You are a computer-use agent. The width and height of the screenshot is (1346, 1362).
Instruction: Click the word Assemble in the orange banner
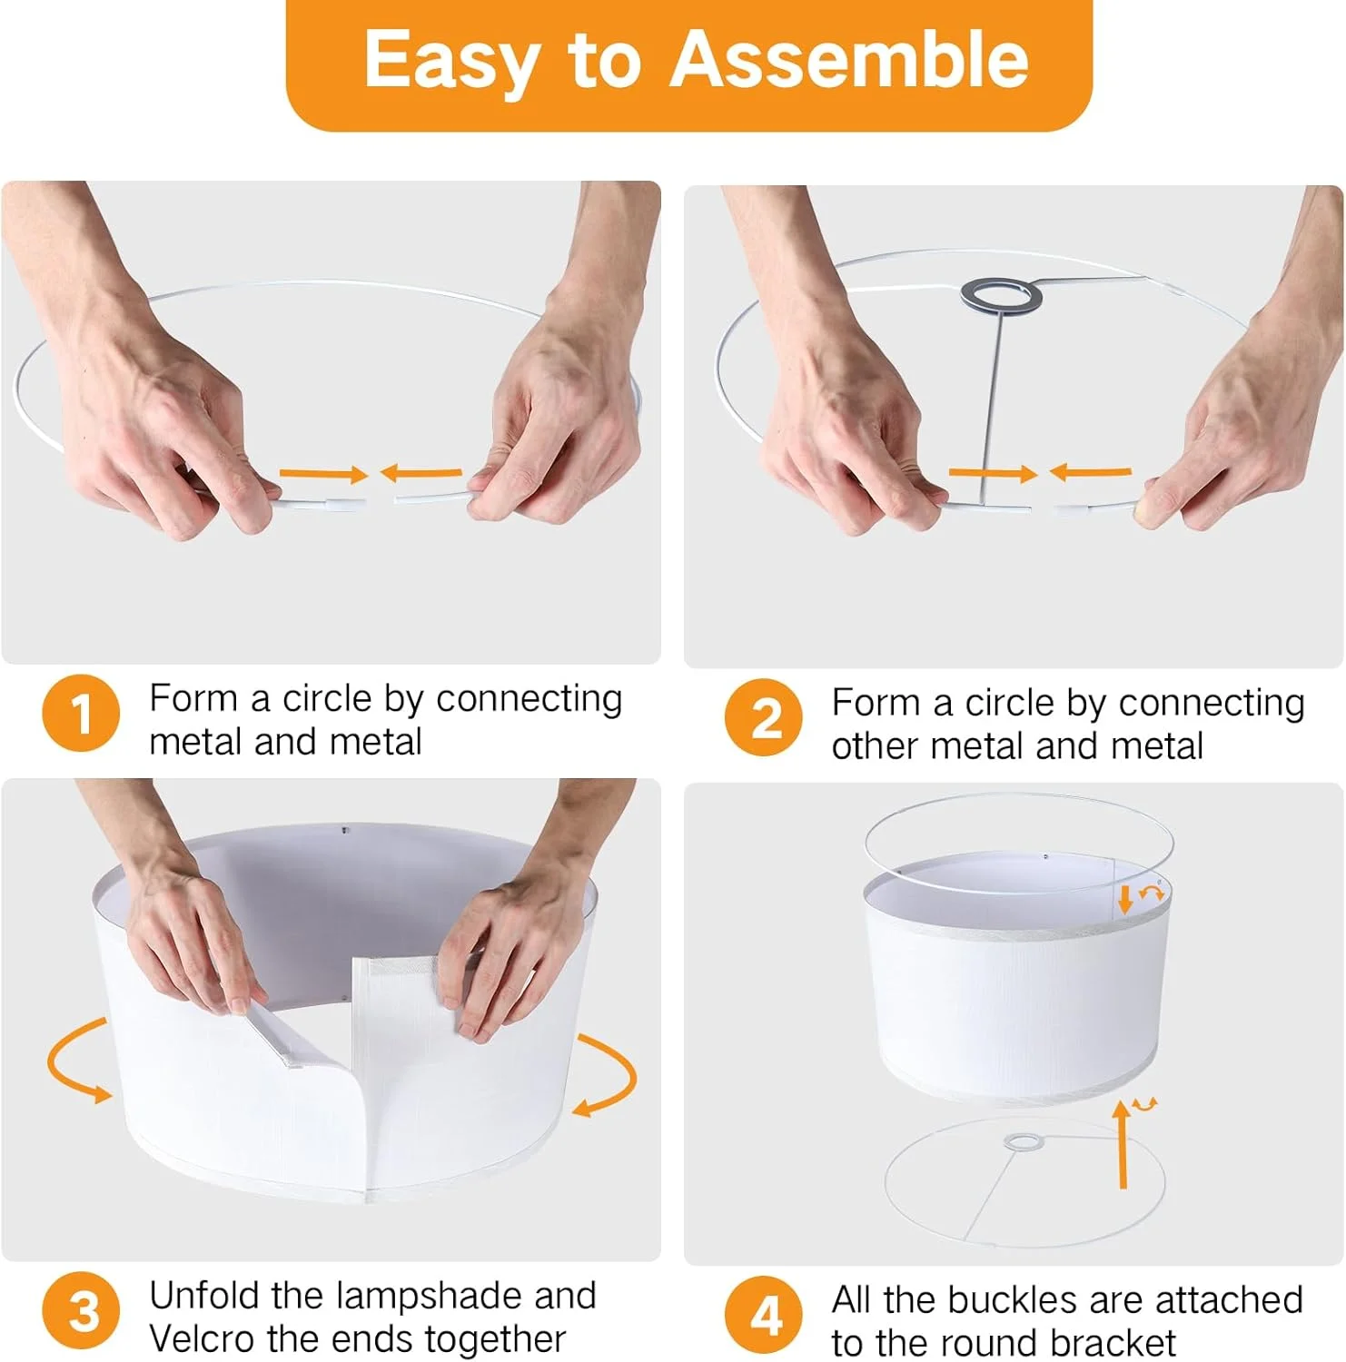click(x=849, y=59)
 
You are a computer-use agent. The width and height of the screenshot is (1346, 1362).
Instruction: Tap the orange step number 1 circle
click(x=81, y=713)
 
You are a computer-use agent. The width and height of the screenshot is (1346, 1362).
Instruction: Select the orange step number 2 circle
click(x=764, y=717)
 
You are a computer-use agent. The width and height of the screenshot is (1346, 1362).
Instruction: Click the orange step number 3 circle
click(x=81, y=1310)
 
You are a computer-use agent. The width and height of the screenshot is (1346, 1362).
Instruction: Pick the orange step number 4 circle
click(x=764, y=1314)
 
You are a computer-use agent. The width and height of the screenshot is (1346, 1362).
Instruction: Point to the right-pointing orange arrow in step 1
click(x=323, y=473)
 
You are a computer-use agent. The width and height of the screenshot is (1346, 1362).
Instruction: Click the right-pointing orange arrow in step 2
click(x=993, y=473)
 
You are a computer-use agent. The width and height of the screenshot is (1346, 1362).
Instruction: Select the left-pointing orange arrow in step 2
click(x=1091, y=472)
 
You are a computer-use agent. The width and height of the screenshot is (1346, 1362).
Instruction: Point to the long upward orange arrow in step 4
click(x=1123, y=1144)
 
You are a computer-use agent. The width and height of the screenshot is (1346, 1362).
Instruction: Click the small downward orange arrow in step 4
click(x=1125, y=900)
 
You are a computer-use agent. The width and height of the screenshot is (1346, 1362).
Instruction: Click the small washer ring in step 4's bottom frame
click(x=1024, y=1142)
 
